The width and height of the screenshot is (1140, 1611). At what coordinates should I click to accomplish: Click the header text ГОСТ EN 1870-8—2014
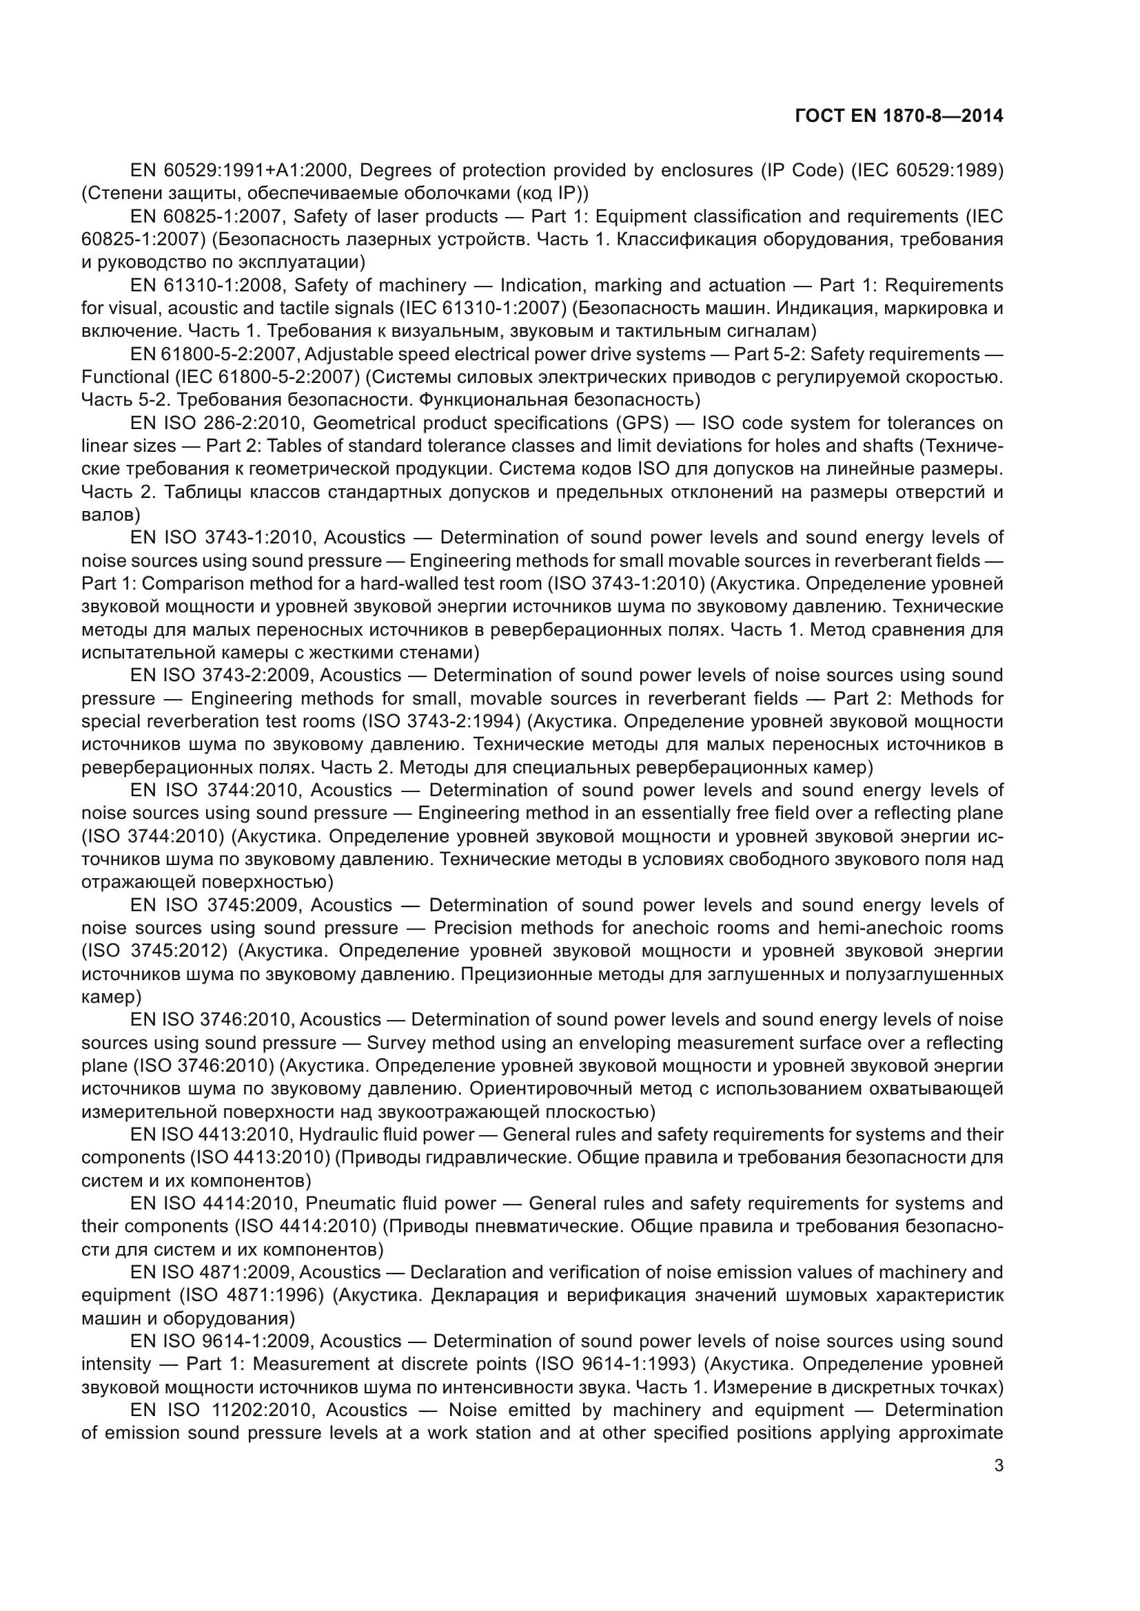899,116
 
